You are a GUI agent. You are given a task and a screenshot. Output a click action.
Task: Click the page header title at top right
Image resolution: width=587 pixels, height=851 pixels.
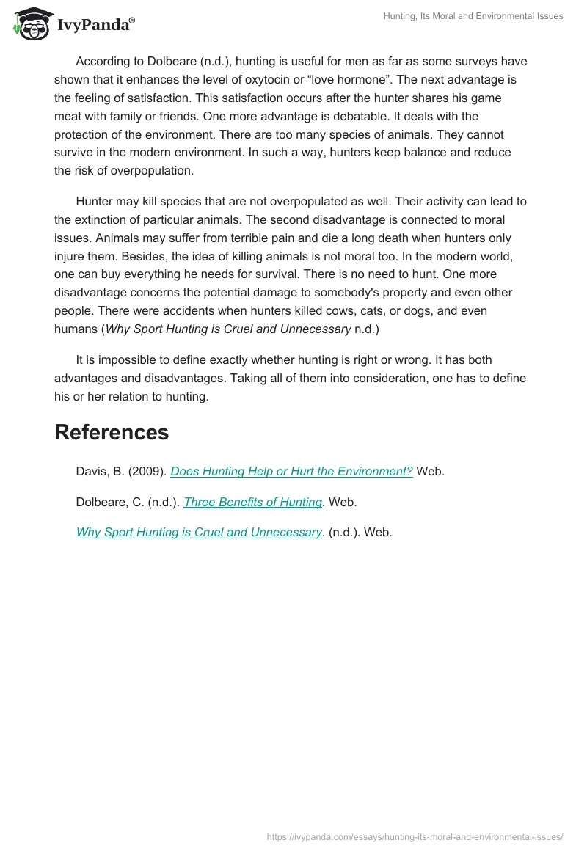[473, 16]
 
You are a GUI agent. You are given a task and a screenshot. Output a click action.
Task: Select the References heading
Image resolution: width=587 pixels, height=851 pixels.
[112, 432]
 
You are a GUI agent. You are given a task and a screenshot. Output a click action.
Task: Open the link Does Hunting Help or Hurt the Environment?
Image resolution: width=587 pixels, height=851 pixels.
[291, 472]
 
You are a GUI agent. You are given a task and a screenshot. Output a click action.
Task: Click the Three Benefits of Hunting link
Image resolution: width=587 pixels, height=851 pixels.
[252, 503]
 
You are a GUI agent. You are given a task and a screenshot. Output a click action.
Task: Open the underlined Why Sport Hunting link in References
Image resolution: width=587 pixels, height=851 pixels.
[199, 533]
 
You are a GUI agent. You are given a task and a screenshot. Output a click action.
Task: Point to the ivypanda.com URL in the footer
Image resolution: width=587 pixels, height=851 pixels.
[415, 836]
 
